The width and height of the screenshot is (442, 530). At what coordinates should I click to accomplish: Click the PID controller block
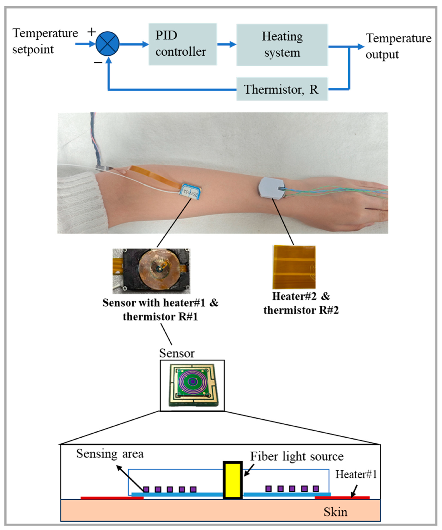point(183,44)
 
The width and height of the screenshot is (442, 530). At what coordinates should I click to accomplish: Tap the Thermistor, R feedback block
point(282,89)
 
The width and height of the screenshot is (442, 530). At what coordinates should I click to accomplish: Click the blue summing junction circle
point(107,44)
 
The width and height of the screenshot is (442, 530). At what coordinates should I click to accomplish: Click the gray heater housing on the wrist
point(271,188)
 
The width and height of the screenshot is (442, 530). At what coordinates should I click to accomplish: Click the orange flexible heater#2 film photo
point(294,267)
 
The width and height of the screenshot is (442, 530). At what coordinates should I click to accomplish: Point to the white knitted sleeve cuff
point(81,202)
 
